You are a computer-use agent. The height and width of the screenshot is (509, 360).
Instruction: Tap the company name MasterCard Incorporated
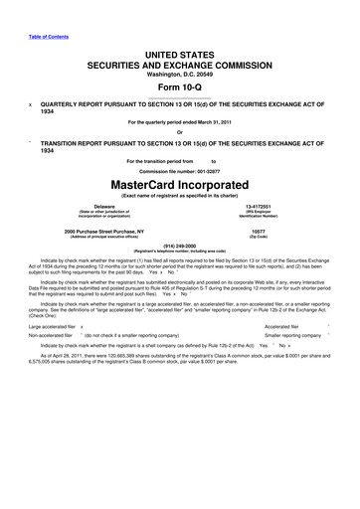coord(180,186)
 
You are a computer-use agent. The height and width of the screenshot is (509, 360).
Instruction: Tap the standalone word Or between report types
coord(179,132)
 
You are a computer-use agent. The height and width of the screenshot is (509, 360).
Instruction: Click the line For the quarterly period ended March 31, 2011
coord(180,122)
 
